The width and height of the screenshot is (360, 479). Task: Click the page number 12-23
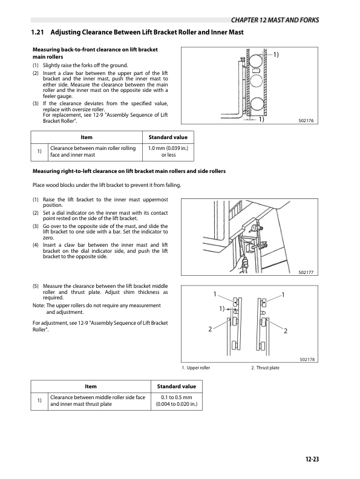point(312,459)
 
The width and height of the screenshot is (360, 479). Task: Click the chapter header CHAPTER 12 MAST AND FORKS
point(275,20)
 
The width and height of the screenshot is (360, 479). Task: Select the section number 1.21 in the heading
point(38,32)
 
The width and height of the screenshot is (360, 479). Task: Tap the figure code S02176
point(306,121)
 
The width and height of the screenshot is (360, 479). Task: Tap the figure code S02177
point(306,272)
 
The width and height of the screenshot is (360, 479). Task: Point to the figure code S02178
point(307,359)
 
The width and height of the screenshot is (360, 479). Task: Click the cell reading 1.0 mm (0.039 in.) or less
point(168,152)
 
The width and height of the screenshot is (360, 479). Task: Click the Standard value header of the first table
point(168,137)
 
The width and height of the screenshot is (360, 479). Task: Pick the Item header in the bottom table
point(91,386)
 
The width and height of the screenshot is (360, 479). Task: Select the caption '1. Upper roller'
point(196,368)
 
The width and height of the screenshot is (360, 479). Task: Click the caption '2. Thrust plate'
point(265,368)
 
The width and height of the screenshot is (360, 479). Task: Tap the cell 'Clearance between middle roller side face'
point(98,397)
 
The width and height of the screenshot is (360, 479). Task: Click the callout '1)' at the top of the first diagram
point(276,54)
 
